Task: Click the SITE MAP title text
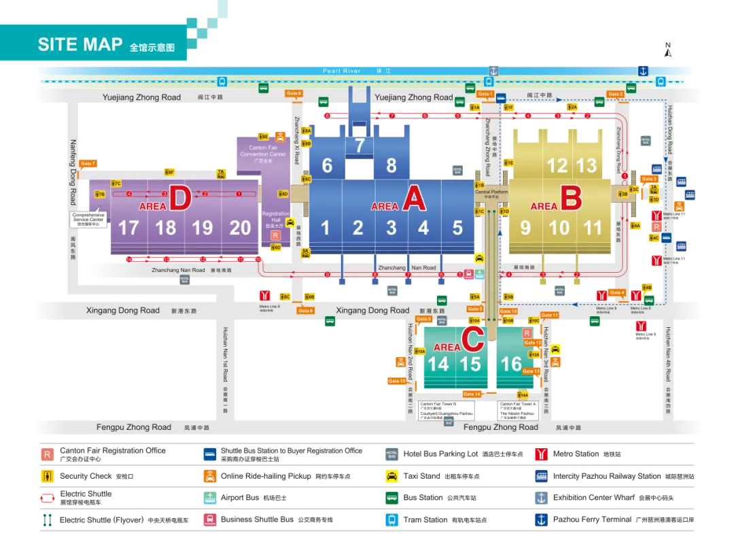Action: [80, 45]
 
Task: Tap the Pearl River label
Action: [342, 71]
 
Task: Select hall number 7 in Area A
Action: [360, 145]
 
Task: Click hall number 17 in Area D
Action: [128, 228]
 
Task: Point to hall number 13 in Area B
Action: [587, 165]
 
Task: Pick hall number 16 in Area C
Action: [511, 364]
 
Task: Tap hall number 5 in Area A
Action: [457, 228]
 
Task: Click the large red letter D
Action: [180, 199]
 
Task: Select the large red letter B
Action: [571, 199]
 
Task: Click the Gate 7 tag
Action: [88, 164]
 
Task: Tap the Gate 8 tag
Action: [294, 93]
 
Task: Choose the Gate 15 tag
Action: [397, 381]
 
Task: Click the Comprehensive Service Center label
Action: [89, 219]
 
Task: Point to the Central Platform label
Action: [491, 192]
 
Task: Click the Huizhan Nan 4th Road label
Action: [669, 371]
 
